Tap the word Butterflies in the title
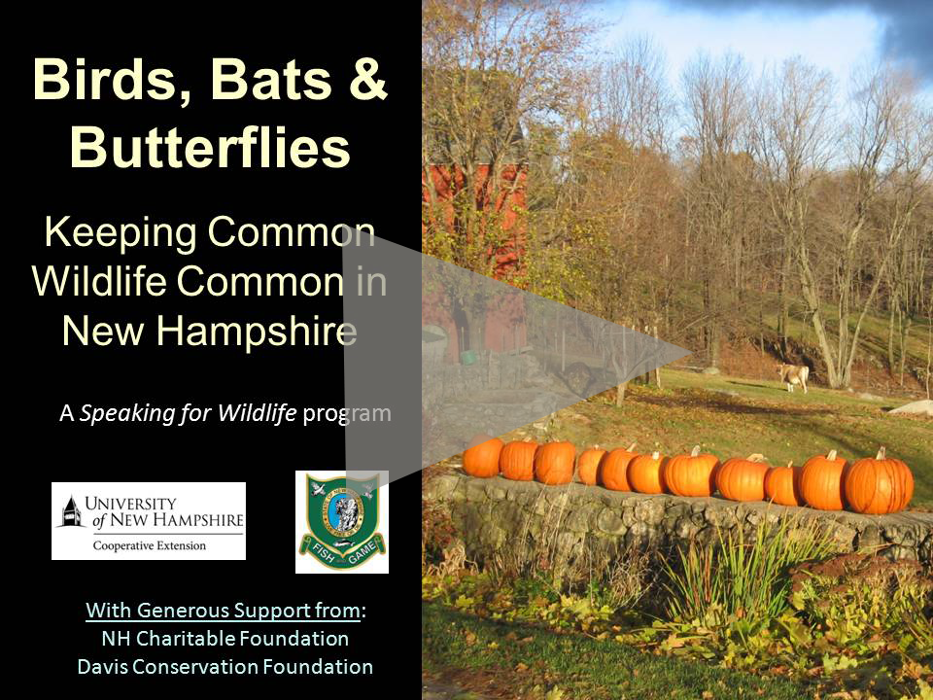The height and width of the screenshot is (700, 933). [x=210, y=147]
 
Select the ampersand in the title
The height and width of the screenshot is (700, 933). [x=368, y=79]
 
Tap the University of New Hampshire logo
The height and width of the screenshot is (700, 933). [x=149, y=521]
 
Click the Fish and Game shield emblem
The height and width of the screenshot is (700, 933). [x=342, y=522]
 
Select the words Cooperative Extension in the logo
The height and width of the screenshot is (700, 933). [x=150, y=545]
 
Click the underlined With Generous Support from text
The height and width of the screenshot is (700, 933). [x=224, y=611]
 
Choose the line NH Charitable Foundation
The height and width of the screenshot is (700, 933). [x=225, y=639]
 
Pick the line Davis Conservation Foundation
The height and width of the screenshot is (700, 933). [x=225, y=667]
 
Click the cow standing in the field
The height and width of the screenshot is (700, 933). [x=794, y=376]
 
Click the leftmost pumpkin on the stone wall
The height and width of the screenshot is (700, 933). [x=482, y=456]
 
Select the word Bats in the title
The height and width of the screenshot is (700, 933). [x=271, y=80]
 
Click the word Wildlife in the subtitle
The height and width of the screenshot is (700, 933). [x=99, y=281]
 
